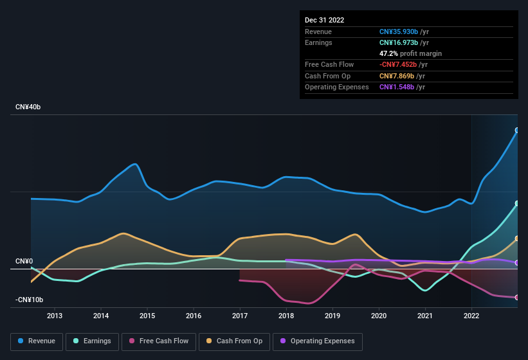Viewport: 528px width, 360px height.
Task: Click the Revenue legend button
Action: (x=37, y=341)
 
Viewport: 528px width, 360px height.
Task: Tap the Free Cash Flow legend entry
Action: (x=159, y=341)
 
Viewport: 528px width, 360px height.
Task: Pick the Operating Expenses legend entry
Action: (x=318, y=341)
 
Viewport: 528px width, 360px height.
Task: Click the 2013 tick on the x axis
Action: (x=55, y=316)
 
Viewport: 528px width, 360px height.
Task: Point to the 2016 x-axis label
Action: (x=194, y=316)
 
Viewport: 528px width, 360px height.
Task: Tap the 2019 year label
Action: (x=332, y=316)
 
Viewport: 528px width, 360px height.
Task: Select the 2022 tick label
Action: (x=471, y=316)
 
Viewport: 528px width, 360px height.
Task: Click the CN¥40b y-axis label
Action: (x=28, y=107)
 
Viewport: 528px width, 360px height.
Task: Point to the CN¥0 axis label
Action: (x=24, y=262)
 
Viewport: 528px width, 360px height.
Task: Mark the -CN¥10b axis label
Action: (x=30, y=300)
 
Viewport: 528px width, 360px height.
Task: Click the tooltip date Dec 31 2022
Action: (x=324, y=20)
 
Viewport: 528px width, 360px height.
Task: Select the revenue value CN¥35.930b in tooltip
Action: (x=399, y=32)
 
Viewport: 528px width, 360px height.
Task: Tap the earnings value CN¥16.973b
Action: (x=399, y=42)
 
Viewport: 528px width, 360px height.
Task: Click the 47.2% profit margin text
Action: (x=410, y=53)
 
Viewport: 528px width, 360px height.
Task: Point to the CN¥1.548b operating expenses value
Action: (x=397, y=87)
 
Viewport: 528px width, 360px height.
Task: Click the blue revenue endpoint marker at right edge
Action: (x=517, y=130)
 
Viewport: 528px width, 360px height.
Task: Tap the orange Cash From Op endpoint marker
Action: (x=517, y=239)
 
